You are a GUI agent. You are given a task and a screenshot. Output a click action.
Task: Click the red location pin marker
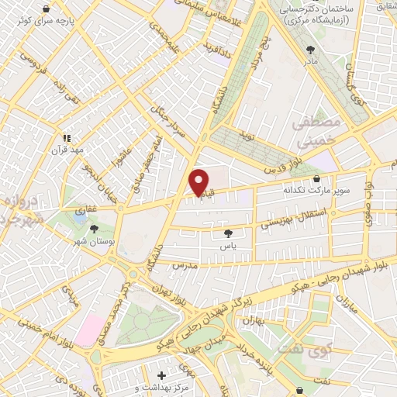pos(199,182)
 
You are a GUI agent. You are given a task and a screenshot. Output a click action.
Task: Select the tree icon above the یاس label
pos(227,233)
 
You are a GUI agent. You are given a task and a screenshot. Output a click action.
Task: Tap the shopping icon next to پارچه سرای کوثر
pos(47,9)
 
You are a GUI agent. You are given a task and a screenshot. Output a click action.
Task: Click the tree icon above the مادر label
pos(312,49)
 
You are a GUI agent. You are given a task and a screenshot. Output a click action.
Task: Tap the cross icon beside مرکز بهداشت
pos(161,375)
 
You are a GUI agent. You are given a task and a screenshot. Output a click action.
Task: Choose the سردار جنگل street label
pos(171,123)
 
